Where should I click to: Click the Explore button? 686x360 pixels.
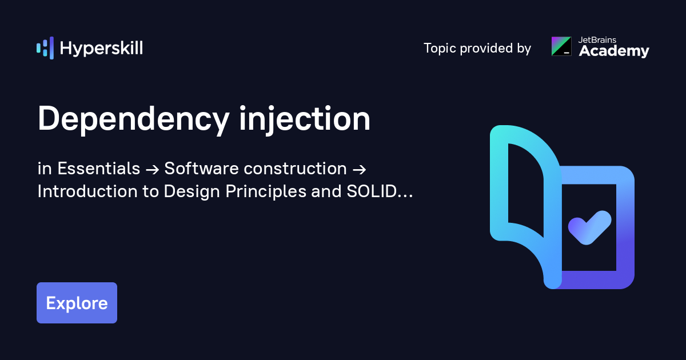point(77,303)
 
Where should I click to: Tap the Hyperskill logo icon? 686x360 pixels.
point(45,48)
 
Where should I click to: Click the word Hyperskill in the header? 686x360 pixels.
point(101,49)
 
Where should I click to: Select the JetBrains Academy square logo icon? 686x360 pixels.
point(561,46)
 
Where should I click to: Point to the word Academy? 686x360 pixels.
point(614,51)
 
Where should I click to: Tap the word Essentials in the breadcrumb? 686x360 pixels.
point(99,169)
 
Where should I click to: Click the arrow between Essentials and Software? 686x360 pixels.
point(152,169)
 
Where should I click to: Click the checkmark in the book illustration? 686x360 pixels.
point(589,227)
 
